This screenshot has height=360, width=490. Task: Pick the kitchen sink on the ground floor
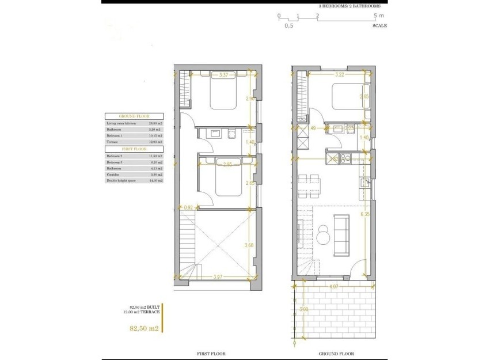pyautogui.click(x=364, y=183)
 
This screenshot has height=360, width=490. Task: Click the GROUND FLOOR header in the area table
pyautogui.click(x=134, y=116)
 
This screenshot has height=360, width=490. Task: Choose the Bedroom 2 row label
pyautogui.click(x=115, y=156)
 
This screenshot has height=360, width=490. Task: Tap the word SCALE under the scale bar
pyautogui.click(x=379, y=26)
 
